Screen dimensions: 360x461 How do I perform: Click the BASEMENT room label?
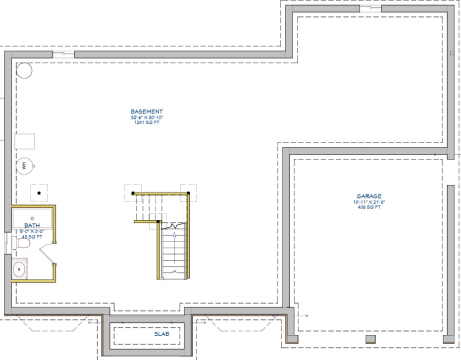coord(147,111)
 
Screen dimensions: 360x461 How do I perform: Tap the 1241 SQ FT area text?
coord(147,123)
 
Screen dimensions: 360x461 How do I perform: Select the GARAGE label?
coord(369,196)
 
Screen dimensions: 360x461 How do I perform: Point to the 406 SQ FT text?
coord(369,207)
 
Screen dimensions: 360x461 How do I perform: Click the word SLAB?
coord(161,334)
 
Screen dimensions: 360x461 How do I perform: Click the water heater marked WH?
coord(24,165)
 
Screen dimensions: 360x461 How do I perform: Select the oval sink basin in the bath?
coord(19,270)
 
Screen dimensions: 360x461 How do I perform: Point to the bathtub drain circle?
coord(32,218)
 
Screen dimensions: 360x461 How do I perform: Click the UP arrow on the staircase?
coord(174,243)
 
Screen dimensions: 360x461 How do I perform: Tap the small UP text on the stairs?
coord(174,271)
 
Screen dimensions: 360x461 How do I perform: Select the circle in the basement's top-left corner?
coord(25,70)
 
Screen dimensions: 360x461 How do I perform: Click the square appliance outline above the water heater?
coord(25,141)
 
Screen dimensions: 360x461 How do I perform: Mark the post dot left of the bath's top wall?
coord(39,192)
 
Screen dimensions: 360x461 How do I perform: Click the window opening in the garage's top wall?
coord(370,8)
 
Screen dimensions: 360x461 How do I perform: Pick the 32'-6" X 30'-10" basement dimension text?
coord(147,117)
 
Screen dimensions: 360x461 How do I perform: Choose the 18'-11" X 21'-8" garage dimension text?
coord(369,202)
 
